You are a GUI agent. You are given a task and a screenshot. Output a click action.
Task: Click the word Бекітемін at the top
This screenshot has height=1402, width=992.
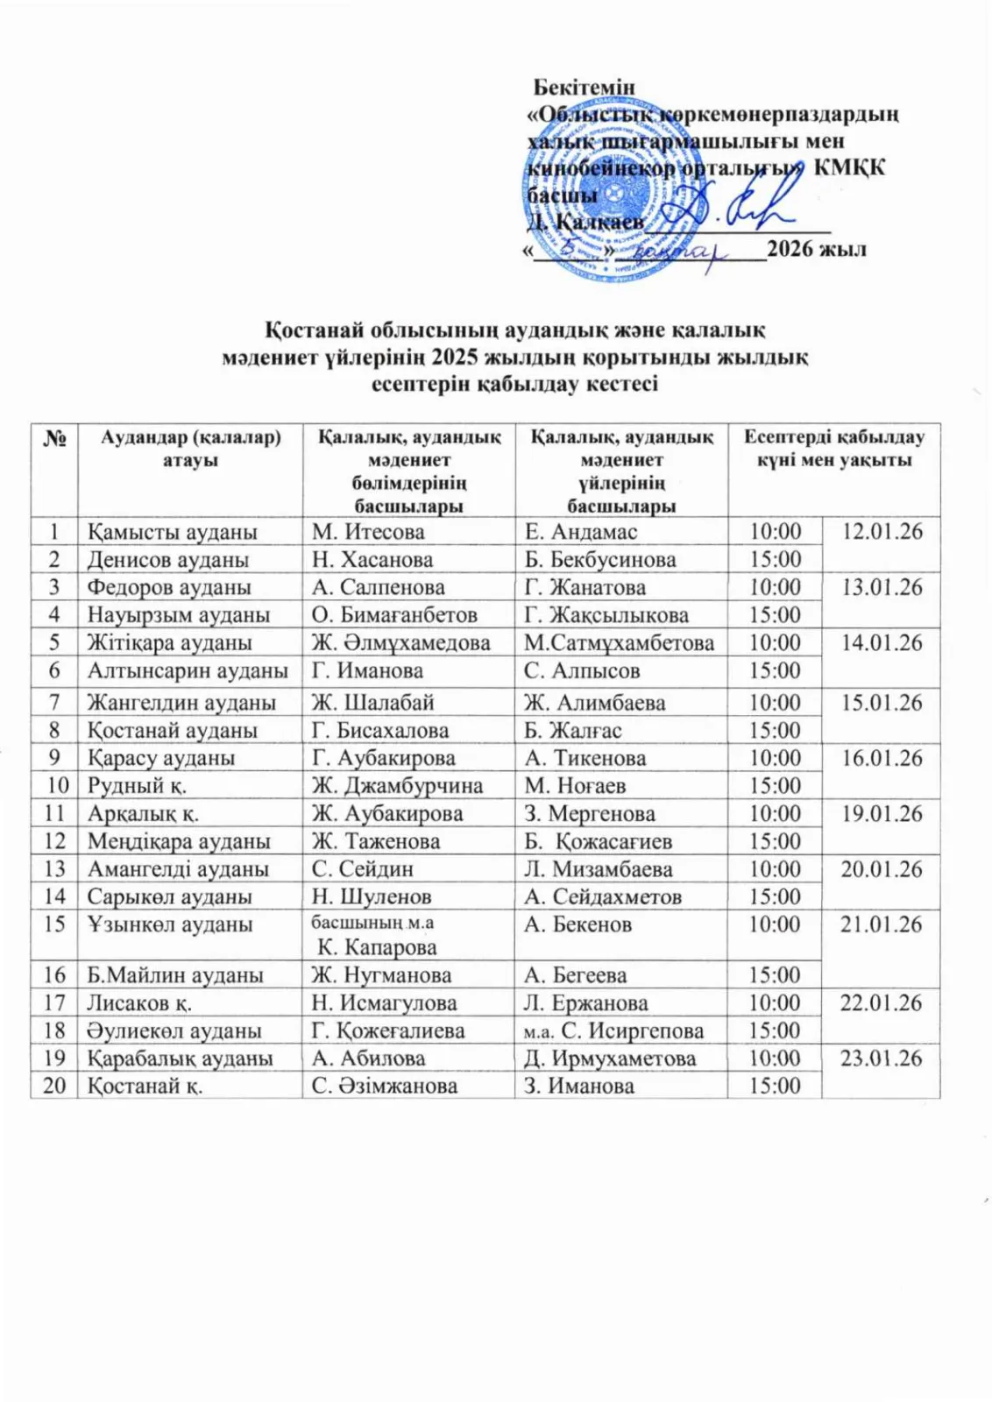click(x=584, y=87)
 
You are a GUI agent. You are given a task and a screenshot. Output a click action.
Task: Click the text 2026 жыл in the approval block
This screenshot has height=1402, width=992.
click(x=817, y=249)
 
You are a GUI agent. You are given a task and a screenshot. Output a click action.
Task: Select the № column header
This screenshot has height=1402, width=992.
click(x=54, y=437)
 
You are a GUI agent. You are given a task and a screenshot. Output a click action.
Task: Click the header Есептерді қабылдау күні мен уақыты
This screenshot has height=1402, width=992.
click(x=833, y=449)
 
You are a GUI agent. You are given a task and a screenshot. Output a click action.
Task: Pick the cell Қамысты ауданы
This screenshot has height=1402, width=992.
click(x=172, y=532)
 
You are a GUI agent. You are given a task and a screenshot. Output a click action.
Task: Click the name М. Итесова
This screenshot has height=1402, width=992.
click(x=368, y=532)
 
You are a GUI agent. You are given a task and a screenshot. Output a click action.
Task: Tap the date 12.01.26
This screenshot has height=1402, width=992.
click(x=882, y=532)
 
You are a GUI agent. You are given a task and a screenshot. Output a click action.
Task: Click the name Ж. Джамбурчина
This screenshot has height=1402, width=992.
click(x=397, y=786)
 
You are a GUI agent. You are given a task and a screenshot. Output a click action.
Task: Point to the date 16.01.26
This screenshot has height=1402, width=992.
click(x=882, y=758)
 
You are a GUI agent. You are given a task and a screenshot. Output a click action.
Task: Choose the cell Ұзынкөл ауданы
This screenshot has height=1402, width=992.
click(x=169, y=924)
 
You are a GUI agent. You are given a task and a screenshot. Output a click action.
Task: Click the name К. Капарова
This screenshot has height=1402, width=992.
click(x=377, y=947)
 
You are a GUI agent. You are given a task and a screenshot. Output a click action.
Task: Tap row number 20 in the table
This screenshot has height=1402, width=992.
click(x=54, y=1086)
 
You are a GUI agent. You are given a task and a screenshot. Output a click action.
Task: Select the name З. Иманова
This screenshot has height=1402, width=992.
click(x=579, y=1086)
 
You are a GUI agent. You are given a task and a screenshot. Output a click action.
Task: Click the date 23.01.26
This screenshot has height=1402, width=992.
click(x=882, y=1059)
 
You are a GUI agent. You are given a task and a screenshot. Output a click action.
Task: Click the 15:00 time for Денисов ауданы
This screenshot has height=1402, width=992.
click(x=775, y=560)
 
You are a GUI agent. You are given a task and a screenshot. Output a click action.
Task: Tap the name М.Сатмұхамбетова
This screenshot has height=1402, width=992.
click(x=619, y=643)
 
